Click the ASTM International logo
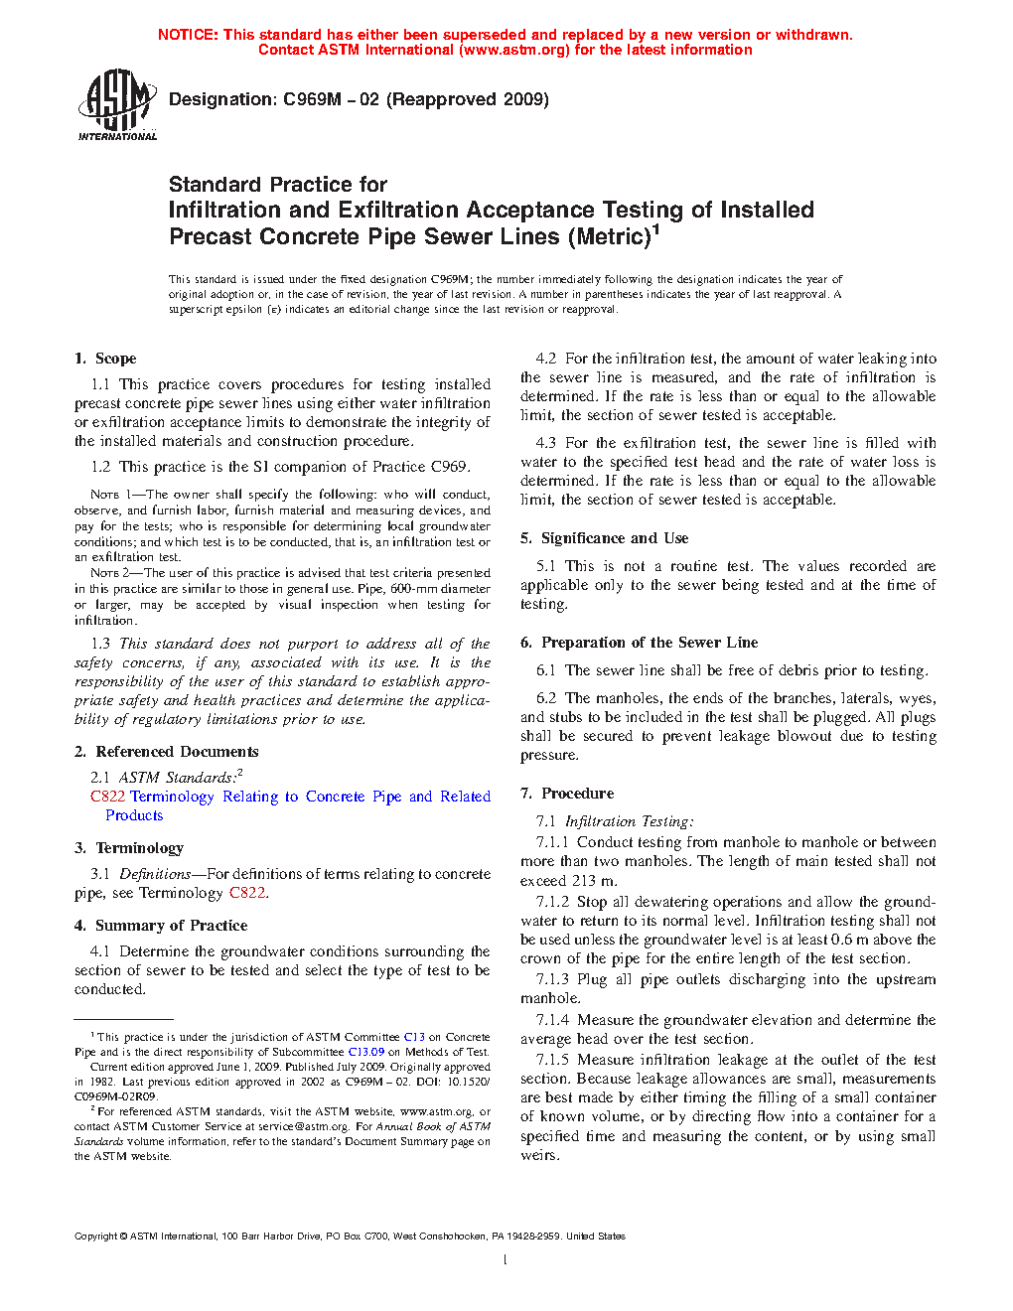tap(117, 104)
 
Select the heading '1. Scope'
tap(105, 359)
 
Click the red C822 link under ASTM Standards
tap(107, 797)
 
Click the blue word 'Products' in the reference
tap(134, 815)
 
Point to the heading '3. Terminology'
tap(129, 848)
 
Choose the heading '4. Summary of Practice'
tap(161, 926)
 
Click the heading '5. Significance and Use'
tap(604, 538)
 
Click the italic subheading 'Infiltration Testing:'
tap(629, 821)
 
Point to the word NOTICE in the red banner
tap(188, 35)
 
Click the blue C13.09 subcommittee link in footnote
tap(365, 1052)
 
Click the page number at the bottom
tap(506, 1260)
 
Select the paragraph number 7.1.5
tap(552, 1060)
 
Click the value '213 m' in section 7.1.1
tap(594, 881)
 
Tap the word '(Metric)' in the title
tap(609, 237)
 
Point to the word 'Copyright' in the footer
tap(95, 1237)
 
